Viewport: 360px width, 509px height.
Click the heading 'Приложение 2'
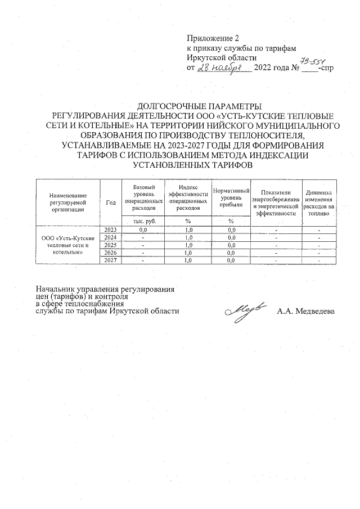213,38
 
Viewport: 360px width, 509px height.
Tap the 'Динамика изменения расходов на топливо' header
319,201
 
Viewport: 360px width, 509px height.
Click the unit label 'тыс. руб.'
143,221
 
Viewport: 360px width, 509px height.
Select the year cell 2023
110,229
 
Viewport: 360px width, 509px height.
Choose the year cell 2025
110,245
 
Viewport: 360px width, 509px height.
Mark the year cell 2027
110,260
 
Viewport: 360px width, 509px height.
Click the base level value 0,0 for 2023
143,230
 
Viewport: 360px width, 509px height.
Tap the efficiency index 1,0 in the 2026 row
188,253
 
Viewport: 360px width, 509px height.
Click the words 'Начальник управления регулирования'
105,290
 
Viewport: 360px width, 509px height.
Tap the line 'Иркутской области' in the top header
222,58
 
